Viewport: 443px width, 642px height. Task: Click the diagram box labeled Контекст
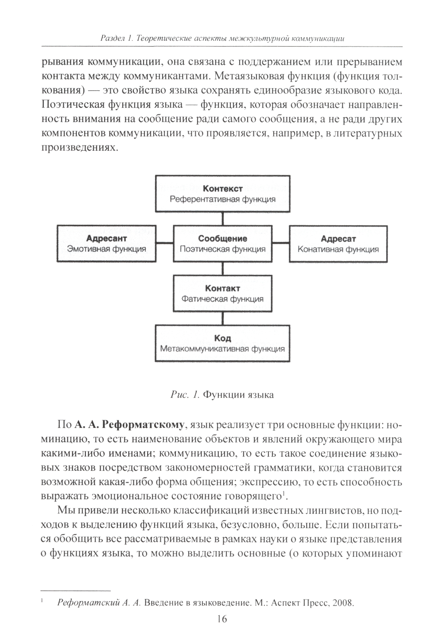[222, 194]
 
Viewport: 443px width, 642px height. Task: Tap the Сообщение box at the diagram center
[222, 244]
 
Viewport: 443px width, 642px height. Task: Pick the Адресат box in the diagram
[338, 244]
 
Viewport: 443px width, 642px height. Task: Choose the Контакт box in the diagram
[222, 294]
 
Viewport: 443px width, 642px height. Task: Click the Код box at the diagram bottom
[222, 343]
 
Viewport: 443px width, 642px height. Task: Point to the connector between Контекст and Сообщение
[222, 219]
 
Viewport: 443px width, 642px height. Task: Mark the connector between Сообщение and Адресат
[280, 243]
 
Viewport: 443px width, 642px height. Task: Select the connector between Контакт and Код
[222, 318]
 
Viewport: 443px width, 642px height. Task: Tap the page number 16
[222, 619]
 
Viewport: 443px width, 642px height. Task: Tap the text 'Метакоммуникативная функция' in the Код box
[222, 348]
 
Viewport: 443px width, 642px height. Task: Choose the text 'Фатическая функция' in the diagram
[222, 299]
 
